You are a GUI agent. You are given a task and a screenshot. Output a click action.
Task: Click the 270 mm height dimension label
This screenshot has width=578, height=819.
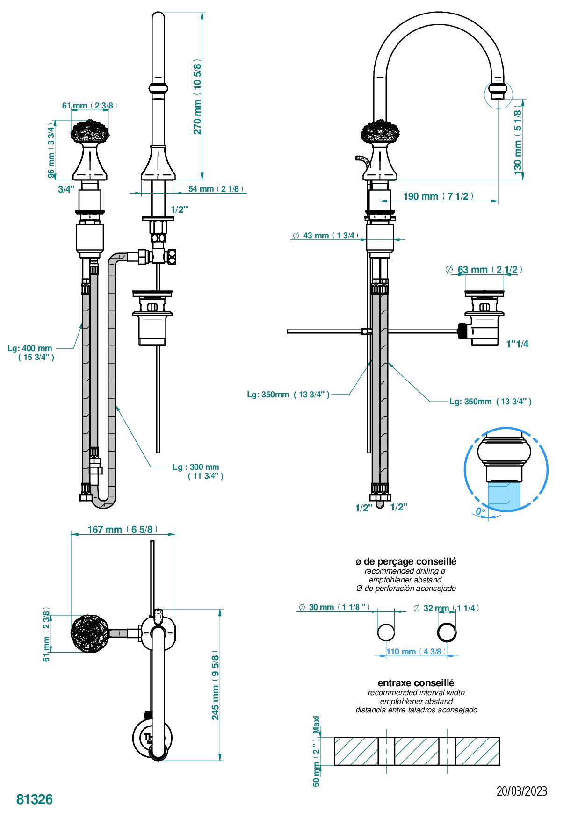point(197,97)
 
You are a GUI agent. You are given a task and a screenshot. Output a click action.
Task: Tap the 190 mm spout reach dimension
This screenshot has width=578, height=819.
point(438,196)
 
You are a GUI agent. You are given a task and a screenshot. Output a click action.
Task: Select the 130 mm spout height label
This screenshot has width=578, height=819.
point(518,139)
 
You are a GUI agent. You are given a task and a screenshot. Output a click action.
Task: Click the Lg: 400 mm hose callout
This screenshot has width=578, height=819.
point(30,352)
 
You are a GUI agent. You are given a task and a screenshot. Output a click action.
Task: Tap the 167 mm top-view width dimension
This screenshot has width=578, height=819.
point(123,530)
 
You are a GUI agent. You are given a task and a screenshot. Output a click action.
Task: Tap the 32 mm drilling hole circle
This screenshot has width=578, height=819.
point(447,632)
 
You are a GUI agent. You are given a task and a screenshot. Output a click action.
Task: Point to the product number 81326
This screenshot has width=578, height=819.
point(35,799)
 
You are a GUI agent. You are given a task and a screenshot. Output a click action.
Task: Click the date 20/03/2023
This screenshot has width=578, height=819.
point(521,791)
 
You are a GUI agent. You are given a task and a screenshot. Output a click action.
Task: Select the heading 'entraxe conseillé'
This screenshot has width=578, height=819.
point(416,683)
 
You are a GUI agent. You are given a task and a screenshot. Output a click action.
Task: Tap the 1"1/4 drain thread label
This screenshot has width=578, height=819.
point(517,344)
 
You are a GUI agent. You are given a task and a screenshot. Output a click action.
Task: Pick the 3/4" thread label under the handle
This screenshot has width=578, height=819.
point(66,189)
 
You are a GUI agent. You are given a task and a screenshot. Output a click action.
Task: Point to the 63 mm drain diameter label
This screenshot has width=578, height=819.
point(484,270)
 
